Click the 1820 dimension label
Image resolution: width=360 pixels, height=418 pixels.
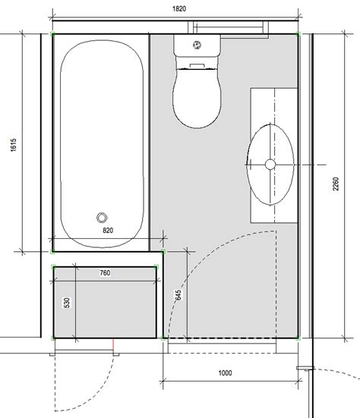point(179,9)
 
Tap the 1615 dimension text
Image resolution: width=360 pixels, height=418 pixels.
point(14,145)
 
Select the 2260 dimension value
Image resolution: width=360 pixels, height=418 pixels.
point(336,184)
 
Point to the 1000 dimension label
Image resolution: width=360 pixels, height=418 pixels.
point(225,372)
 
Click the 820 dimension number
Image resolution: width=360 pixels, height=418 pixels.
point(108,230)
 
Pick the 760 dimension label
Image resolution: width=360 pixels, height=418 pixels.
point(105,272)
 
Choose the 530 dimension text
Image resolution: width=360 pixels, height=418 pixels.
point(67,303)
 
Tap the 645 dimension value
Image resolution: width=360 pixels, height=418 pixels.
point(178,295)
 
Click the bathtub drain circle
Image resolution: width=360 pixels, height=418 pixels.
point(102,218)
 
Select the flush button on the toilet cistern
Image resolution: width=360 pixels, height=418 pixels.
point(197,45)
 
